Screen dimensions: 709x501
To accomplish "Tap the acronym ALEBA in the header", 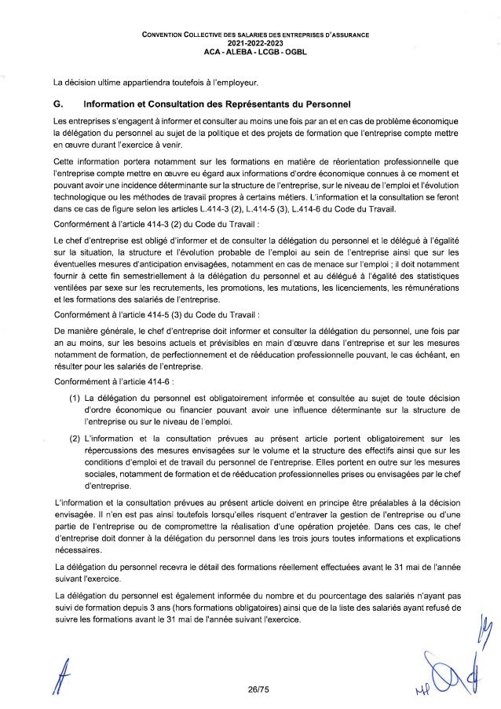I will point(232,53).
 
